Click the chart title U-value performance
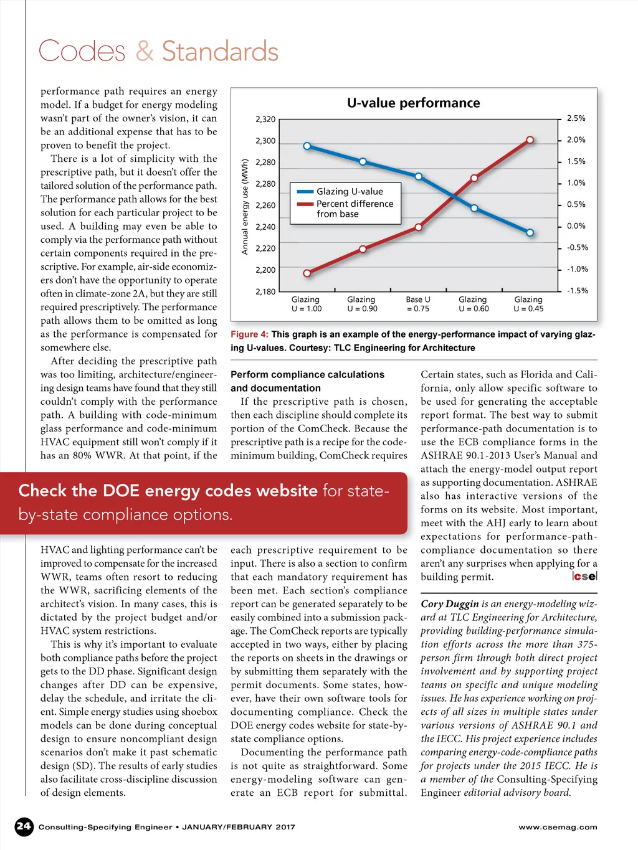coord(413,103)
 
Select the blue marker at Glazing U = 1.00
coord(307,146)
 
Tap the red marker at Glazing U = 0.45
coord(530,140)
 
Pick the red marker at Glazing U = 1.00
coord(307,273)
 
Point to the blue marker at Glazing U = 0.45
coord(530,233)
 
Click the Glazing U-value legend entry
coord(349,192)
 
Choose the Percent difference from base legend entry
coord(354,209)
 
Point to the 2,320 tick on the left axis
coord(265,119)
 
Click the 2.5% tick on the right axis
coord(576,118)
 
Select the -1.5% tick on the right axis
coord(577,291)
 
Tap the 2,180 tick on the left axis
coord(265,291)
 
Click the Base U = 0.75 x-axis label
coord(417,304)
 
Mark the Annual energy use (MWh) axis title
coord(245,207)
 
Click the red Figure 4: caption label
coord(249,334)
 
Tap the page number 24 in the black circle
coord(24,826)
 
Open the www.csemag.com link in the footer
coord(558,827)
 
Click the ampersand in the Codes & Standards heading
coord(145,51)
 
